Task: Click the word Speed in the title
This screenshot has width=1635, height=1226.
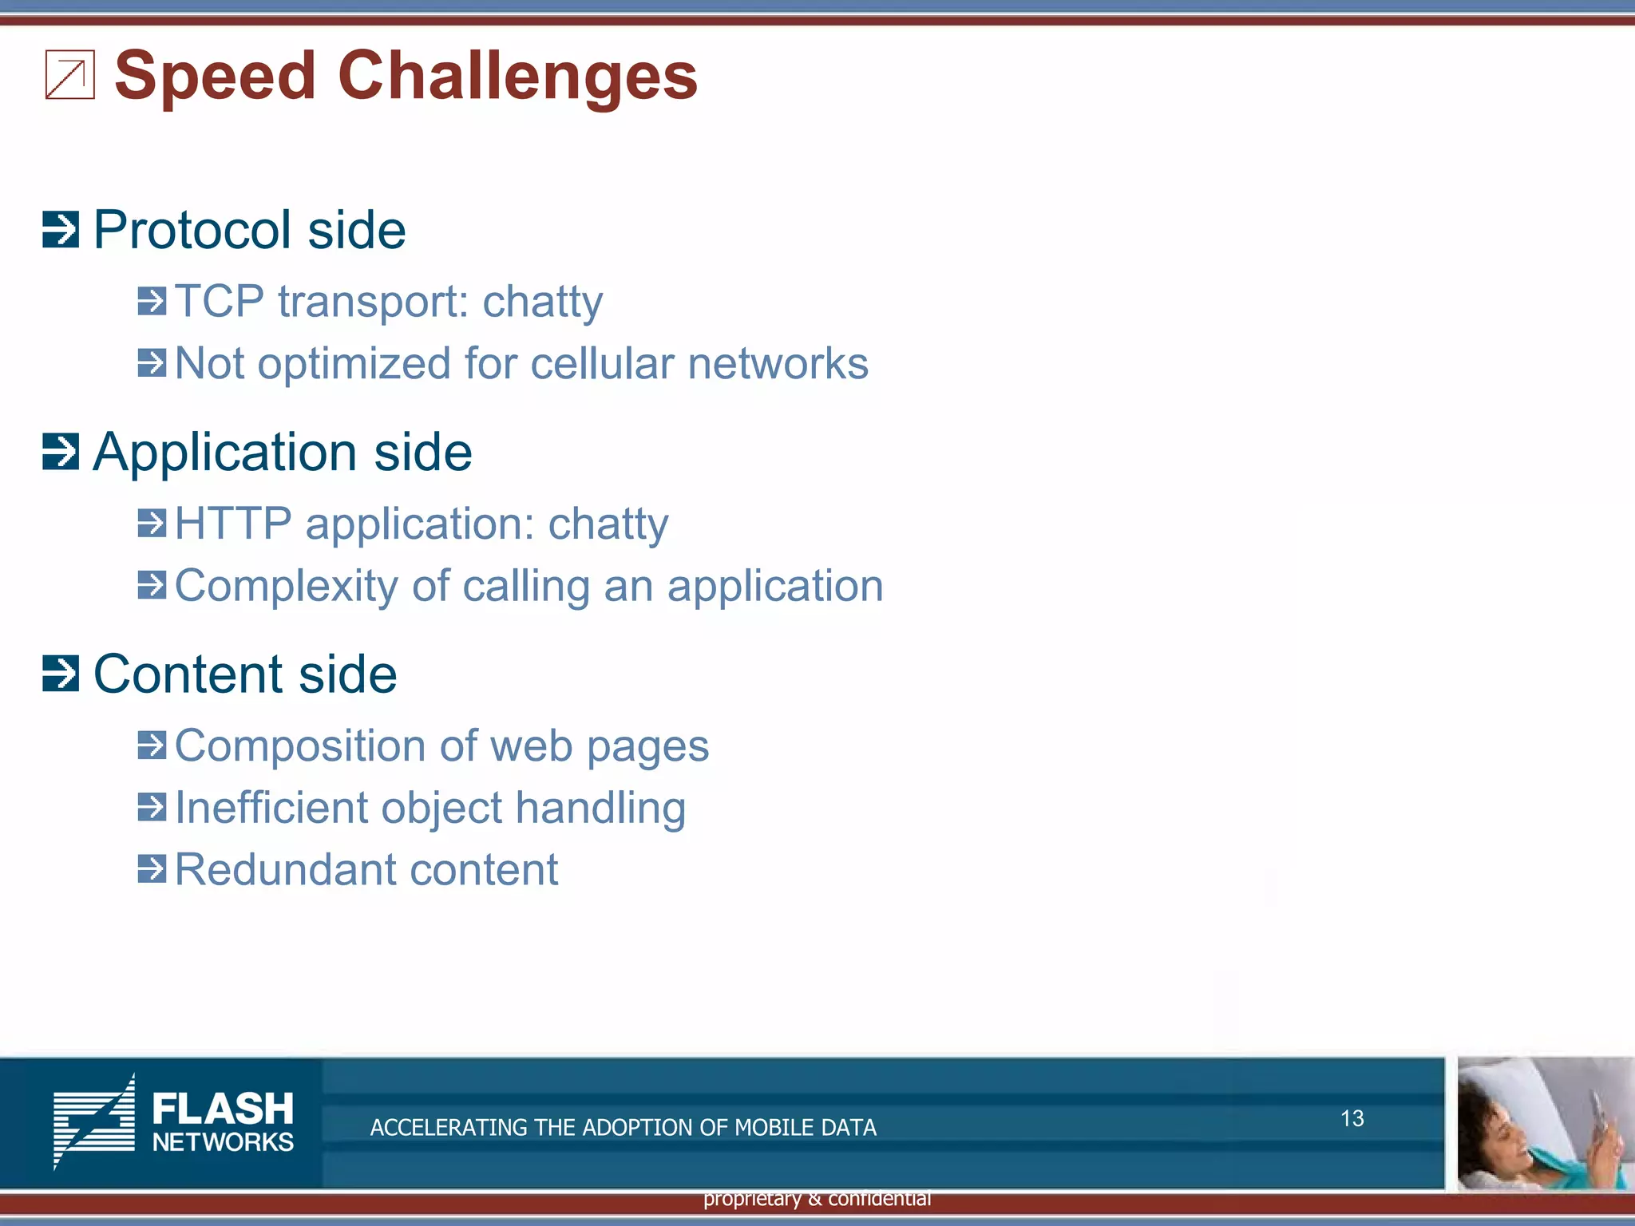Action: click(x=216, y=77)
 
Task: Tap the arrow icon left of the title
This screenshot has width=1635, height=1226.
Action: click(x=70, y=75)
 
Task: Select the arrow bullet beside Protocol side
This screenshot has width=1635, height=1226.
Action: click(x=61, y=230)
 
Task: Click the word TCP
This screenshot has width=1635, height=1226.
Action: click(x=219, y=302)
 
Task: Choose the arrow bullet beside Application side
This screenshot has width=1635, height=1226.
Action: click(x=61, y=452)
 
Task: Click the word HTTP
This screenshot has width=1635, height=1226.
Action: click(x=233, y=524)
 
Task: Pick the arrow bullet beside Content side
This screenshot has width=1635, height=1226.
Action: click(x=61, y=674)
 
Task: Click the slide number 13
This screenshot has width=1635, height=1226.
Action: click(x=1352, y=1118)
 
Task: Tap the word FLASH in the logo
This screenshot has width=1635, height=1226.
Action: click(x=223, y=1109)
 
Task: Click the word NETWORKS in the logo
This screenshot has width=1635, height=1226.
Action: click(x=223, y=1142)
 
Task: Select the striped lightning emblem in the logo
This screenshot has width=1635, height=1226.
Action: click(x=94, y=1121)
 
